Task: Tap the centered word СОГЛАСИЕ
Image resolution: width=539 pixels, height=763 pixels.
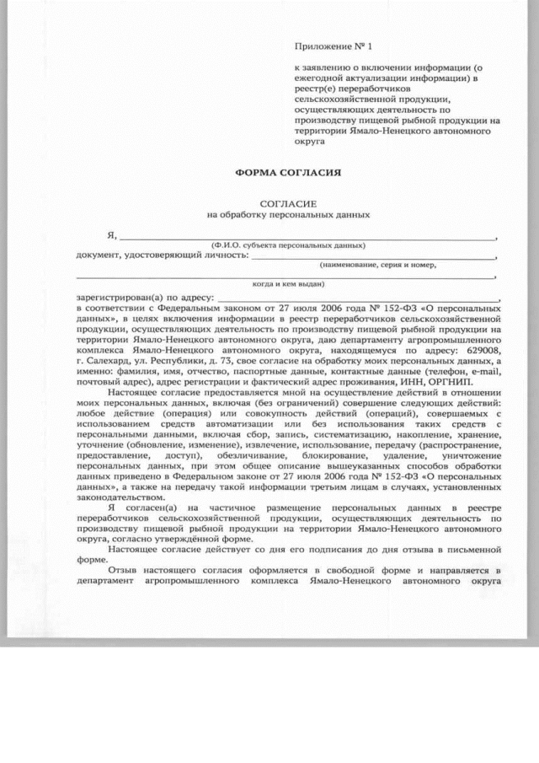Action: pyautogui.click(x=287, y=204)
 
